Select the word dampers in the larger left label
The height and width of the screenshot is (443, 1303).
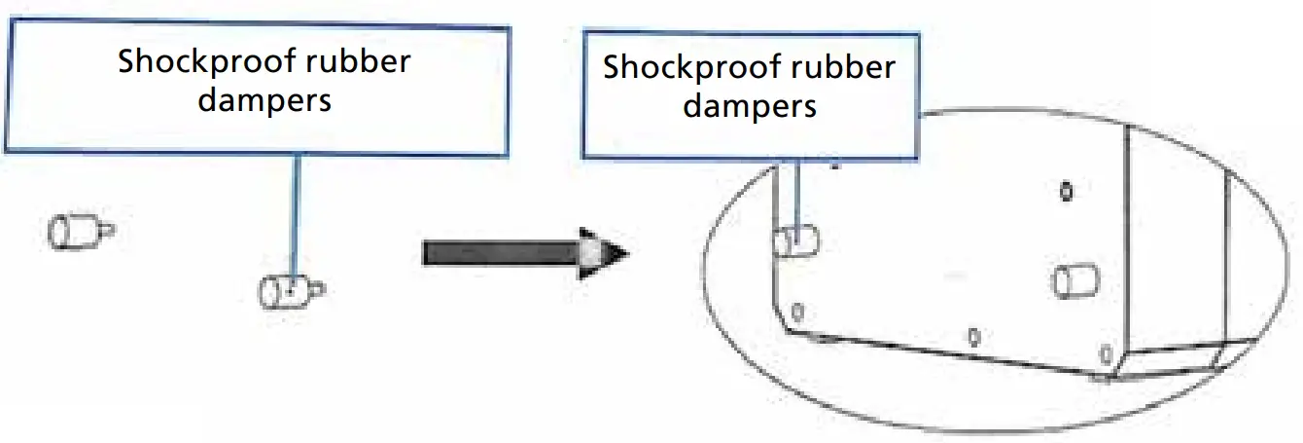[264, 99]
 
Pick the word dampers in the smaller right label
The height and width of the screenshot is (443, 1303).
[750, 105]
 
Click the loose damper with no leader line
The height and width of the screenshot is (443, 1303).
[73, 232]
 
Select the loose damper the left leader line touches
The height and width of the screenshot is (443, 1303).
[284, 290]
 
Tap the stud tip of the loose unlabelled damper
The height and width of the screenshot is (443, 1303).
[107, 230]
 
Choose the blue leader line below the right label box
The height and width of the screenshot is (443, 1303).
[796, 195]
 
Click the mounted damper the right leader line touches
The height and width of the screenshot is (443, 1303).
[794, 240]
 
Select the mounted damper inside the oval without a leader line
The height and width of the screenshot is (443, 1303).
[1074, 281]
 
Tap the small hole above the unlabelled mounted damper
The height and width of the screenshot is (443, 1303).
[1067, 191]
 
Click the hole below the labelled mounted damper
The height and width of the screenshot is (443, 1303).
[797, 313]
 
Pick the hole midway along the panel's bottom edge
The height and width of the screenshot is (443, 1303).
[973, 338]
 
